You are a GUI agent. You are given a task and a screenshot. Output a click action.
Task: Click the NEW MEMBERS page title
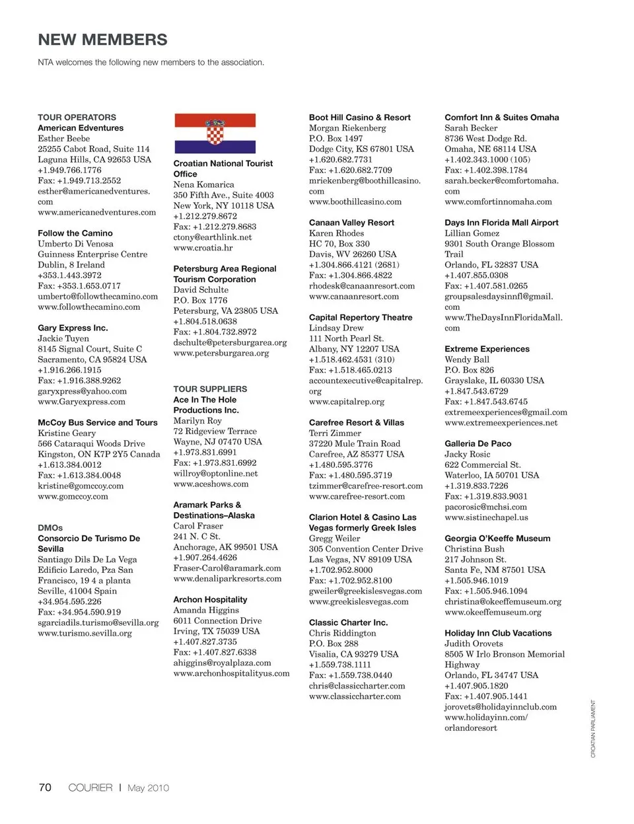click(x=102, y=40)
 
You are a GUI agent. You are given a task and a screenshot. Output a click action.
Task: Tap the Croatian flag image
click(x=215, y=133)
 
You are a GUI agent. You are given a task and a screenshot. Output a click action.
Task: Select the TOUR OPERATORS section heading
click(x=77, y=117)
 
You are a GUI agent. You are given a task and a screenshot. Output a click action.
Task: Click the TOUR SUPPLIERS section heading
click(x=210, y=389)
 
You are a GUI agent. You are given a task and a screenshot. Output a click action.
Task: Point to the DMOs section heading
click(x=50, y=528)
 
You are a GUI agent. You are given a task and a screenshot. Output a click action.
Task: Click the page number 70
click(x=45, y=788)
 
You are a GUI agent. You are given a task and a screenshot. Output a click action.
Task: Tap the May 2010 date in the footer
click(x=148, y=788)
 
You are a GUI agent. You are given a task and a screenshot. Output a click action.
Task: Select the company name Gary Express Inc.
click(x=73, y=328)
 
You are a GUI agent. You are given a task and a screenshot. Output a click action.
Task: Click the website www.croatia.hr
click(x=203, y=248)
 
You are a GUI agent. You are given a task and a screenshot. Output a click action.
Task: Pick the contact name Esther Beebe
click(x=63, y=139)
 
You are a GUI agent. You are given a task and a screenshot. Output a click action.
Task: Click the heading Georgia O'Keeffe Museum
click(x=497, y=539)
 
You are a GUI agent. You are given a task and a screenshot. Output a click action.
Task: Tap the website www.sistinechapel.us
click(x=486, y=517)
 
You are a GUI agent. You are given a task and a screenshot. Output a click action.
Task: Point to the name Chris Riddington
click(x=342, y=633)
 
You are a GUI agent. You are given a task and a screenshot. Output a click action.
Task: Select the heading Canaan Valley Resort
click(x=351, y=223)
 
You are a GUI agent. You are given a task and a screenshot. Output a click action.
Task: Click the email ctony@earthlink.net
click(x=213, y=237)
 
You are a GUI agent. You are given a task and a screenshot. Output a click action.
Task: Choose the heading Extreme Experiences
click(x=487, y=349)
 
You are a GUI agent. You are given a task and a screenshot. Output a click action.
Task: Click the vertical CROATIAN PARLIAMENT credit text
click(x=593, y=728)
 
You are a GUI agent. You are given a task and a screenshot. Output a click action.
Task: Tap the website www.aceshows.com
click(x=211, y=484)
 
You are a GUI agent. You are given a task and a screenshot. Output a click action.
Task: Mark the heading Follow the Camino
click(x=75, y=233)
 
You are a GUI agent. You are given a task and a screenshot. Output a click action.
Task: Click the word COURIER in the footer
click(x=90, y=788)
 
